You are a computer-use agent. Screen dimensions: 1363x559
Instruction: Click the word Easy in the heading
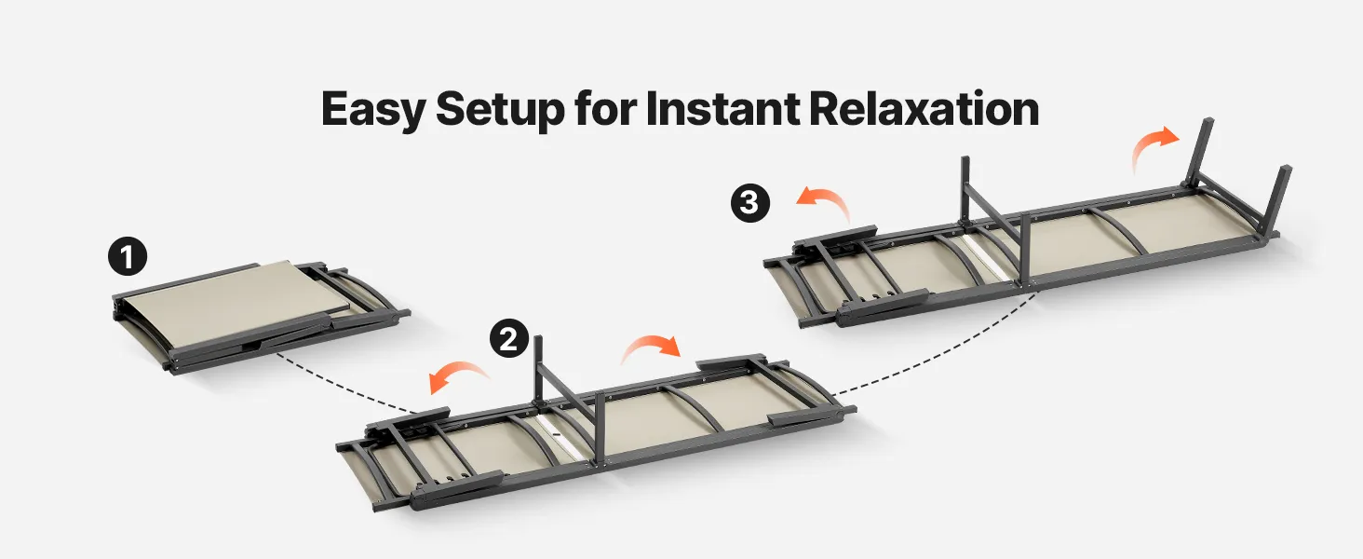373,110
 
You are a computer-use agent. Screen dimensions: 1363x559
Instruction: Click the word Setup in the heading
500,110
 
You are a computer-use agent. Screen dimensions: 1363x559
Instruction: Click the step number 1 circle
128,256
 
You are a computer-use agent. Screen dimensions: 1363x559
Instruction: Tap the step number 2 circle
509,338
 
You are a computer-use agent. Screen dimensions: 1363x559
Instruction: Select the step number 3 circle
750,202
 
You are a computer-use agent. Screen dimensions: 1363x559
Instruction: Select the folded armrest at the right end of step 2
730,362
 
